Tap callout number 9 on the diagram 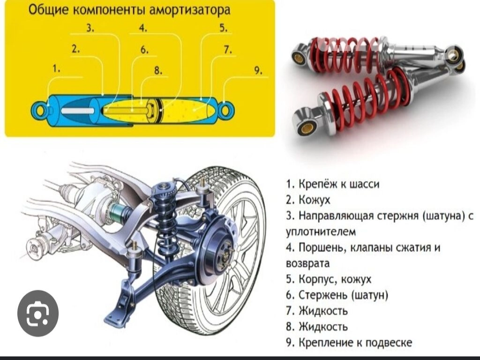click(258, 71)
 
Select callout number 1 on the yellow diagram click(56, 69)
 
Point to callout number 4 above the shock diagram click(143, 28)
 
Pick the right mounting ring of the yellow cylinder click(226, 109)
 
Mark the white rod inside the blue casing click(78, 111)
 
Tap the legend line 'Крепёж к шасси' click(333, 184)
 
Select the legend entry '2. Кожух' click(308, 200)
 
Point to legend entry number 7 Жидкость click(317, 311)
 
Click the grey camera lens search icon click(38, 314)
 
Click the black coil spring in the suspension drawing click(165, 224)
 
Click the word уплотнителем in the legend click(321, 232)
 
